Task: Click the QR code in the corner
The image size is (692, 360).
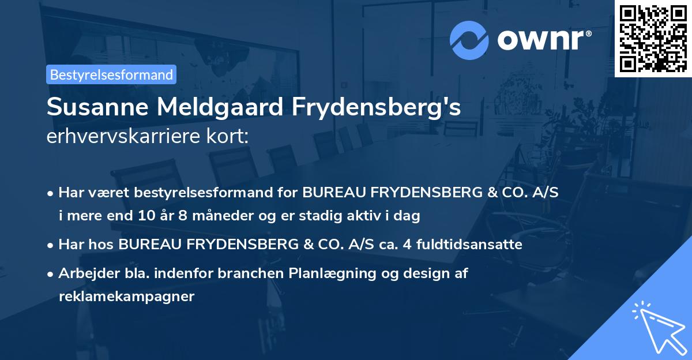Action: pyautogui.click(x=652, y=38)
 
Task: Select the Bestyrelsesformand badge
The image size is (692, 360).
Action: pyautogui.click(x=111, y=74)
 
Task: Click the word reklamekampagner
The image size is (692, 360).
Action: pyautogui.click(x=127, y=297)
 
